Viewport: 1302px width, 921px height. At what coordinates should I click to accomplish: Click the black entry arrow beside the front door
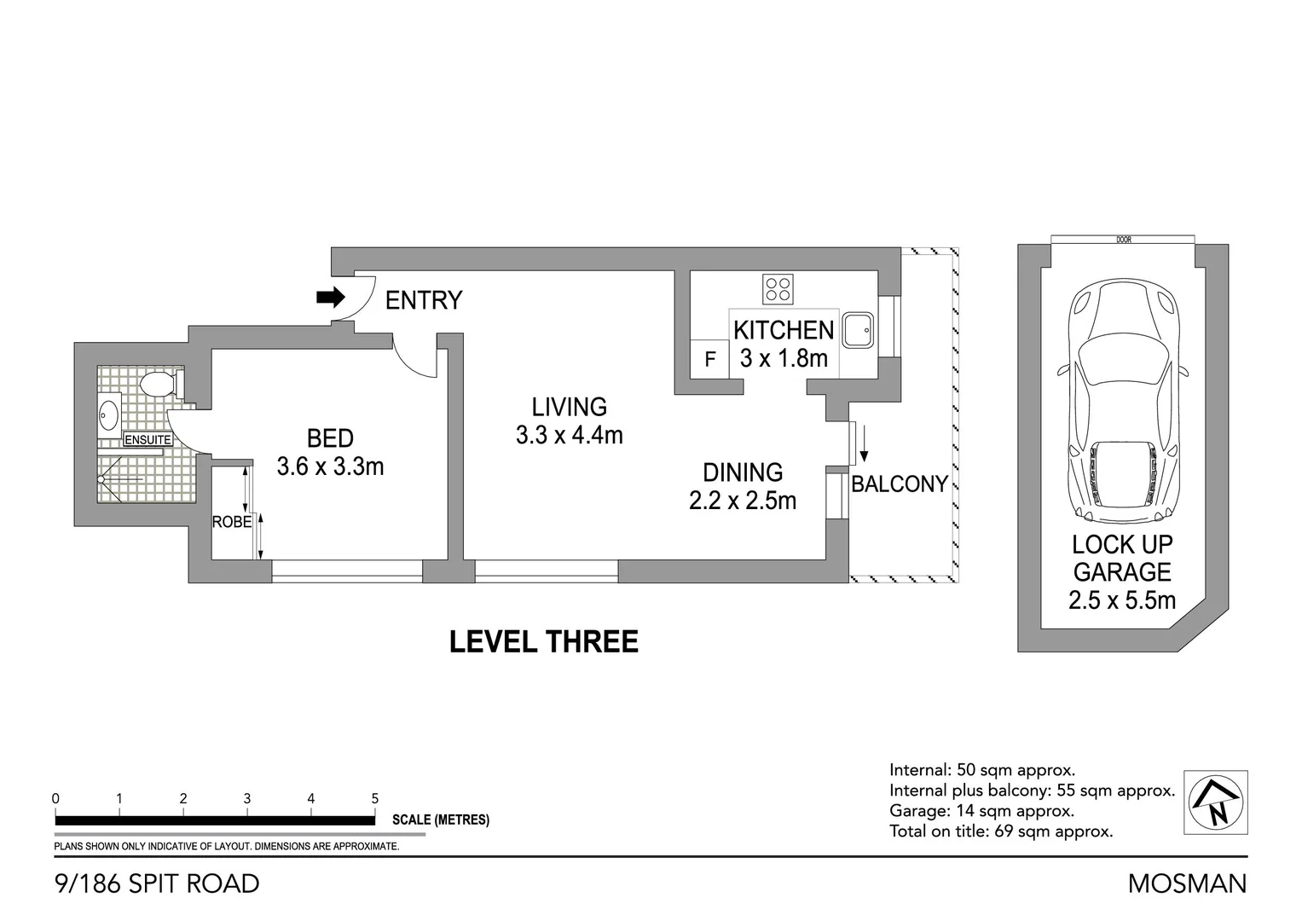pos(330,298)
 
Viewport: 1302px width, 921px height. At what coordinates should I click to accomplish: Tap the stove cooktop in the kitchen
pos(778,289)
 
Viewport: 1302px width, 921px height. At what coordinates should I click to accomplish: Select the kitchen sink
pos(858,330)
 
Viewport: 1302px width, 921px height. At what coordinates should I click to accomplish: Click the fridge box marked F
pos(709,360)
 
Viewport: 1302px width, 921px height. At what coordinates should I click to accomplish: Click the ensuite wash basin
pos(109,415)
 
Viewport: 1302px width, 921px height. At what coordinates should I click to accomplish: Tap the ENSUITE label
pos(148,440)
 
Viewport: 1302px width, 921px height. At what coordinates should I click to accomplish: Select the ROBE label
pos(231,522)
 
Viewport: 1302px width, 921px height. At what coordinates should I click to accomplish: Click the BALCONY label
pos(900,484)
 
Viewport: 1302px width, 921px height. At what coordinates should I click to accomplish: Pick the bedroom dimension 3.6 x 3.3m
pos(330,466)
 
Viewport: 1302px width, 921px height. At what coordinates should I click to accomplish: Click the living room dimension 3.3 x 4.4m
pos(569,435)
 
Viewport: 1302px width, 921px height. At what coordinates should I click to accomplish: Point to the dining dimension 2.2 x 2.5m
pos(742,501)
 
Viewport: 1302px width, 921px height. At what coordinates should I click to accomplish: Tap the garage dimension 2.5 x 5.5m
pos(1121,600)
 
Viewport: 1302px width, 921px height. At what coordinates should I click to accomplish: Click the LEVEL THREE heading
pos(543,642)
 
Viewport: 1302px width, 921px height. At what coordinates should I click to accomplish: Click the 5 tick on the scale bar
pos(375,799)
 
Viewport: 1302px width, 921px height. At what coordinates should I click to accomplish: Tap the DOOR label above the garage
pos(1123,240)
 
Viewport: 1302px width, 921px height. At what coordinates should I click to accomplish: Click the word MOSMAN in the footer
pos(1187,883)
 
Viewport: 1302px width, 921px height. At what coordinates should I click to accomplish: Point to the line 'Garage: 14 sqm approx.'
pos(981,811)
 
